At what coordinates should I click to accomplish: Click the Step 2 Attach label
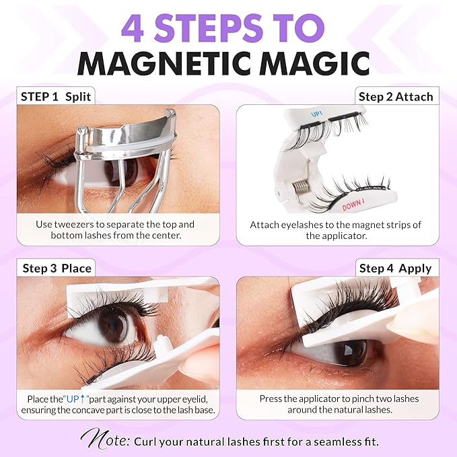click(x=395, y=96)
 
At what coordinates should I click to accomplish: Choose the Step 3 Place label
click(x=57, y=268)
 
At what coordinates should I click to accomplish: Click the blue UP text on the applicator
click(x=316, y=115)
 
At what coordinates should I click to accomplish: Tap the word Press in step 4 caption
click(x=272, y=398)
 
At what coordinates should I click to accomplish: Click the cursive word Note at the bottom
click(x=106, y=440)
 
